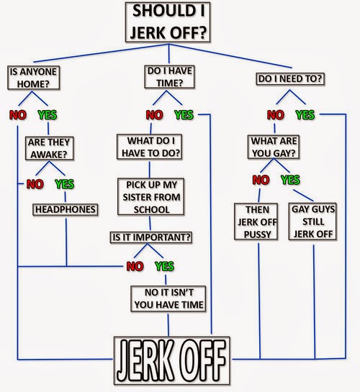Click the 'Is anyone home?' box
click(x=34, y=78)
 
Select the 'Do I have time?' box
click(x=169, y=77)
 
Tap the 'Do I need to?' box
click(x=290, y=78)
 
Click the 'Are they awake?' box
click(x=49, y=148)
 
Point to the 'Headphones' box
click(x=66, y=209)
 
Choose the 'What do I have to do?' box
click(x=149, y=147)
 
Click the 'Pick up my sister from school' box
click(x=151, y=197)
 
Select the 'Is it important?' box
click(x=151, y=237)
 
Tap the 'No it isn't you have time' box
click(x=168, y=298)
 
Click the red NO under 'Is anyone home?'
click(x=18, y=115)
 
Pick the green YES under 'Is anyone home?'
click(x=48, y=115)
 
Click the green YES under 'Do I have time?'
click(x=184, y=115)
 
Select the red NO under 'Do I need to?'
click(x=276, y=115)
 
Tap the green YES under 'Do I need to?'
click(x=305, y=115)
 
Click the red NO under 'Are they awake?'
click(x=35, y=184)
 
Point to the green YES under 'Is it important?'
click(x=164, y=266)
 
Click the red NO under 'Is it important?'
click(x=135, y=267)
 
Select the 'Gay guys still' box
click(x=312, y=222)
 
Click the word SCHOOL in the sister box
click(x=151, y=209)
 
